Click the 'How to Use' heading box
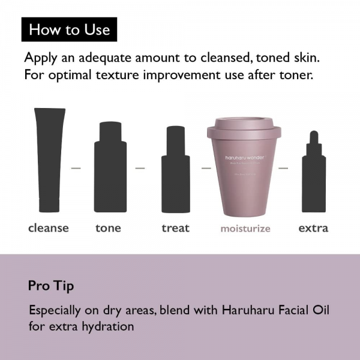pyautogui.click(x=70, y=29)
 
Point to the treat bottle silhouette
pyautogui.click(x=176, y=174)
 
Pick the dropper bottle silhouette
pyautogui.click(x=314, y=177)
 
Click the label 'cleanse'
pyautogui.click(x=49, y=228)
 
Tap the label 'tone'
pyautogui.click(x=108, y=228)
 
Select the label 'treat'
pyautogui.click(x=175, y=228)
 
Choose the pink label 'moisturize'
pyautogui.click(x=245, y=229)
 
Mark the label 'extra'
pyautogui.click(x=313, y=228)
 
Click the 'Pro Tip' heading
pyautogui.click(x=51, y=286)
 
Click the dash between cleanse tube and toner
pyautogui.click(x=76, y=168)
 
